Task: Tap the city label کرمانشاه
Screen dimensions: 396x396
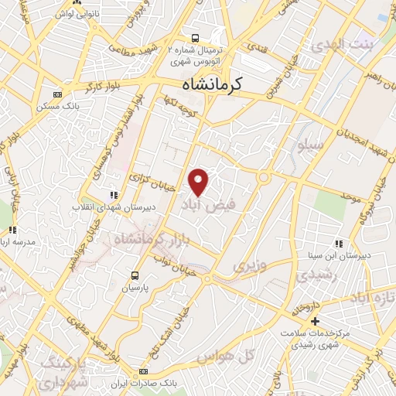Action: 209,84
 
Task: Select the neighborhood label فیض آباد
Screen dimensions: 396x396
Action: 204,205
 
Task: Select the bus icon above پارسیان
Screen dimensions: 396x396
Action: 136,275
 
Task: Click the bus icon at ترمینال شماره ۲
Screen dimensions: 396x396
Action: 196,36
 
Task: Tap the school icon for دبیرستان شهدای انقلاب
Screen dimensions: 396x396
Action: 114,195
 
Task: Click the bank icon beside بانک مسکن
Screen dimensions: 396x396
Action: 56,94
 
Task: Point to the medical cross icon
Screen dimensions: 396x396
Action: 315,321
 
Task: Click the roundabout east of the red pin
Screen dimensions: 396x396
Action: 264,179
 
